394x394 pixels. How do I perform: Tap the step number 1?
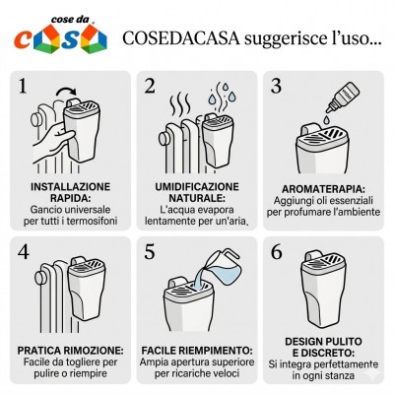23,86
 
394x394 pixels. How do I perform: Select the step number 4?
24,252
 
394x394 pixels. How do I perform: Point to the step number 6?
276,252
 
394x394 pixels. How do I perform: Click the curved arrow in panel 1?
66,91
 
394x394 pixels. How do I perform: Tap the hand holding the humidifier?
53,141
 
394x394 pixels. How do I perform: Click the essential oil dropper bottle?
342,98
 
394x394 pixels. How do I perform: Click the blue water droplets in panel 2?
223,94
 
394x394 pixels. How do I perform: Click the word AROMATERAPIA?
323,189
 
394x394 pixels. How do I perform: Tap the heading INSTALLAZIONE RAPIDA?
70,192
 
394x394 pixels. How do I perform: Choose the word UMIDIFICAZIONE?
197,187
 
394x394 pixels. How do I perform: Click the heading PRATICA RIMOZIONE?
71,351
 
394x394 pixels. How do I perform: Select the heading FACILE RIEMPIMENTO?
197,351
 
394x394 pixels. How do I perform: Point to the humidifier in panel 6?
323,289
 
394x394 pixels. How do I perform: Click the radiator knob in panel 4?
40,278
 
